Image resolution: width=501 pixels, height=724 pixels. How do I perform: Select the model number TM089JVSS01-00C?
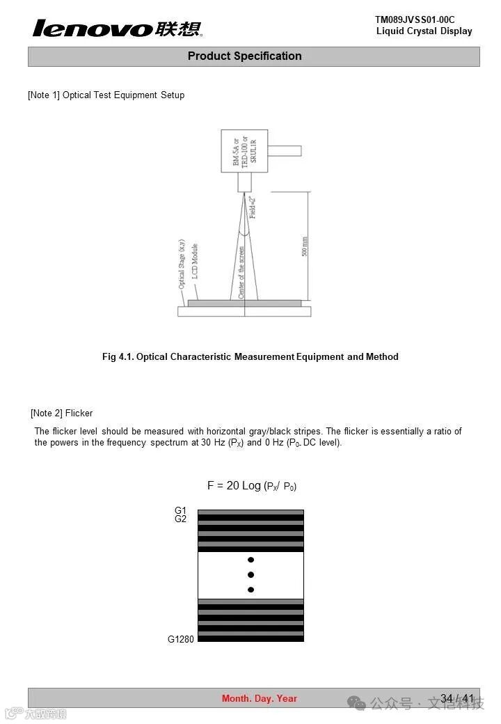415,19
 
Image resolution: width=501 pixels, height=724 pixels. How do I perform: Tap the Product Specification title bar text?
245,56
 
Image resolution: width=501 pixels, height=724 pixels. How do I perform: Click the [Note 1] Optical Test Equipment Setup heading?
106,95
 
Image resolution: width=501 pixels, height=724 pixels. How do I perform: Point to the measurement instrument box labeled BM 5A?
244,150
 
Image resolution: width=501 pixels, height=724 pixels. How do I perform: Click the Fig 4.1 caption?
250,356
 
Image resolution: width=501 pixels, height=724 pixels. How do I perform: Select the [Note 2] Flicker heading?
61,413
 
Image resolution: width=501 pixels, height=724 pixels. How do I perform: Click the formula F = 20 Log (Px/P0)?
251,485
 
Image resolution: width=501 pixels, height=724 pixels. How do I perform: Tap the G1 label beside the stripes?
181,511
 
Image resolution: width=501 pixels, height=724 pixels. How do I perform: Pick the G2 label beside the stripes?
181,519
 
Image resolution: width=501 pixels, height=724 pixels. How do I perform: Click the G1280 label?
181,639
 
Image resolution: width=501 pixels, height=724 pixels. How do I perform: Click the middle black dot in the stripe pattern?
250,575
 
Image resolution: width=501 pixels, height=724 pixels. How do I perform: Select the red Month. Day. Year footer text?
260,698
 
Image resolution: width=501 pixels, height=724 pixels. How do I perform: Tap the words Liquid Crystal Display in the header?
424,31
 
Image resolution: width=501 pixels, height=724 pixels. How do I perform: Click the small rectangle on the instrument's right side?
285,150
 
